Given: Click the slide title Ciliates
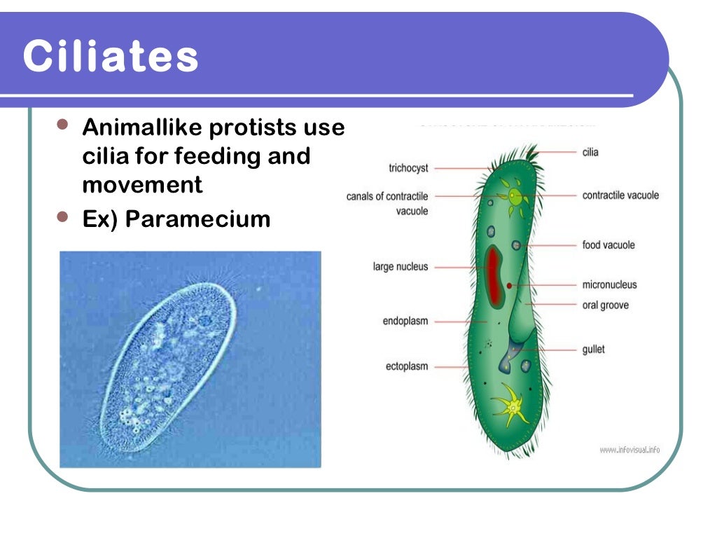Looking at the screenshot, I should (x=111, y=57).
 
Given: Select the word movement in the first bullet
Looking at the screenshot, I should (x=142, y=185).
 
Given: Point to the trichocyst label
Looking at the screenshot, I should (x=408, y=168).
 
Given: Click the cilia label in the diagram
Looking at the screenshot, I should (x=590, y=152).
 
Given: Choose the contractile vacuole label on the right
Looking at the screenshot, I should (x=620, y=195).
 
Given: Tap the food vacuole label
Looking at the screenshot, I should (x=608, y=245).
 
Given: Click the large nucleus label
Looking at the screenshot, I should (x=401, y=267).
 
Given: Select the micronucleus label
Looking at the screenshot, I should (x=609, y=285).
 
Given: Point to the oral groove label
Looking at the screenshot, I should (x=605, y=305).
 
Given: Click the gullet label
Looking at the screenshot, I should (x=593, y=349).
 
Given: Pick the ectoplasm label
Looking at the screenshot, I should (x=406, y=366).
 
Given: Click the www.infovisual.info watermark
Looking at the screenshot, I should (x=629, y=450).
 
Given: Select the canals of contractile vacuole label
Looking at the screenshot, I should (x=387, y=203).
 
